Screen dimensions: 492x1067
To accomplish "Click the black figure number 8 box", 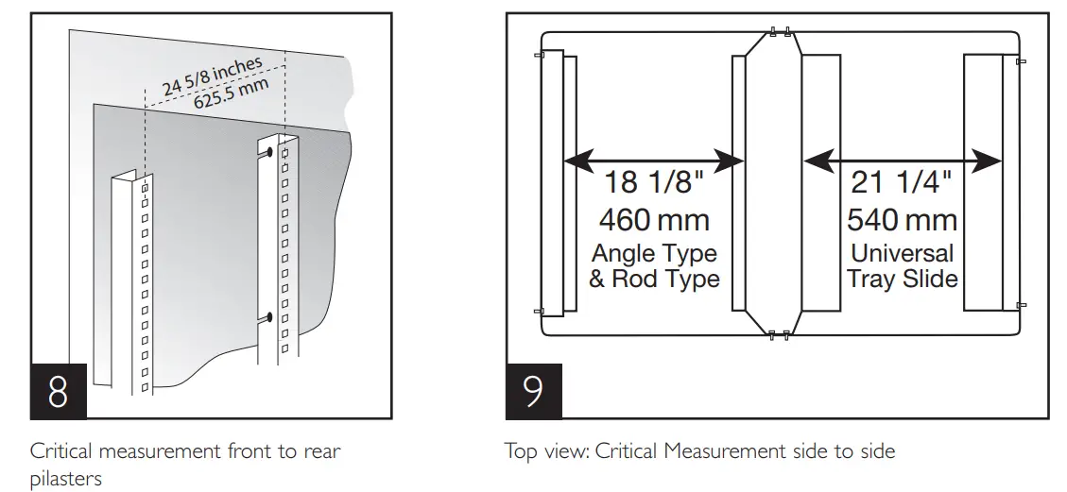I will pyautogui.click(x=58, y=391).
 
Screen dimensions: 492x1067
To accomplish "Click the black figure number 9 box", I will pyautogui.click(x=534, y=391).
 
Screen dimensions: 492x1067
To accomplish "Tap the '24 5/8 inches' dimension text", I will pyautogui.click(x=212, y=75).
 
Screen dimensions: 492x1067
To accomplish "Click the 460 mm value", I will pyautogui.click(x=654, y=220).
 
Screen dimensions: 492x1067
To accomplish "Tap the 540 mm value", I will pyautogui.click(x=902, y=220).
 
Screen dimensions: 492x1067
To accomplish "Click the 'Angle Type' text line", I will pyautogui.click(x=654, y=254).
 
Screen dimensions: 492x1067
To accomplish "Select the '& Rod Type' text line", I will pyautogui.click(x=654, y=279).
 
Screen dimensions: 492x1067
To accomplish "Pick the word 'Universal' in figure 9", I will pyautogui.click(x=902, y=254).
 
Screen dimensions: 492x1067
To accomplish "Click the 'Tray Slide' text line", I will pyautogui.click(x=902, y=279).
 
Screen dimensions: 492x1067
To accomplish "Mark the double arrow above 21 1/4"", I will pyautogui.click(x=902, y=162).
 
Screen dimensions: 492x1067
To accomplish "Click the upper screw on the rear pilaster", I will pyautogui.click(x=270, y=152).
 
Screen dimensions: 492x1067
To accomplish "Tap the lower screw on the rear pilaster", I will pyautogui.click(x=270, y=317).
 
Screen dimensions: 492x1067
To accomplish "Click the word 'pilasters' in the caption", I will pyautogui.click(x=66, y=478).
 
